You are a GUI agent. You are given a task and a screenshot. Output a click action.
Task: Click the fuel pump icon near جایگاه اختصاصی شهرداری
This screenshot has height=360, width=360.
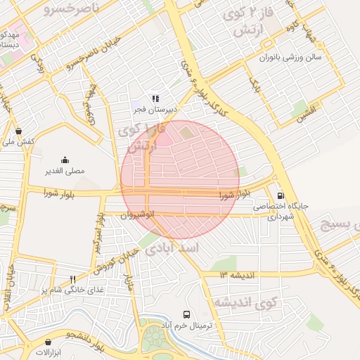pos(281,196)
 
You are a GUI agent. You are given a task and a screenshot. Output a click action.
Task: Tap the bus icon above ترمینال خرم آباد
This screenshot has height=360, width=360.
pos(186,315)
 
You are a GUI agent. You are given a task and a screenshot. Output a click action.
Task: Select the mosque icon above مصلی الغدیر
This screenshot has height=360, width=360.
pos(65,160)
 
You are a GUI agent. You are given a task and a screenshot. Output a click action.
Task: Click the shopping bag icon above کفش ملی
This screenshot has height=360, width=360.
pos(18,131)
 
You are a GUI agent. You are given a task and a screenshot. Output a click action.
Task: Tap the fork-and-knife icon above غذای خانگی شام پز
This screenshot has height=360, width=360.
pos(72,279)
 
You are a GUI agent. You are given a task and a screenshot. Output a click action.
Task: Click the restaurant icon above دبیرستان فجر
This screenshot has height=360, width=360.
pos(155,99)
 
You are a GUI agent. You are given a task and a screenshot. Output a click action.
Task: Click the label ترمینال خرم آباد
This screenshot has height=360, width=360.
pos(187,327)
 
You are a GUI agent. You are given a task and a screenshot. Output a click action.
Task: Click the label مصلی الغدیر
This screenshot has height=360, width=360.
pos(65,171)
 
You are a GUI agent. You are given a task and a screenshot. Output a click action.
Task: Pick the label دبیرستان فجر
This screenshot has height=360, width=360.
pos(155,110)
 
